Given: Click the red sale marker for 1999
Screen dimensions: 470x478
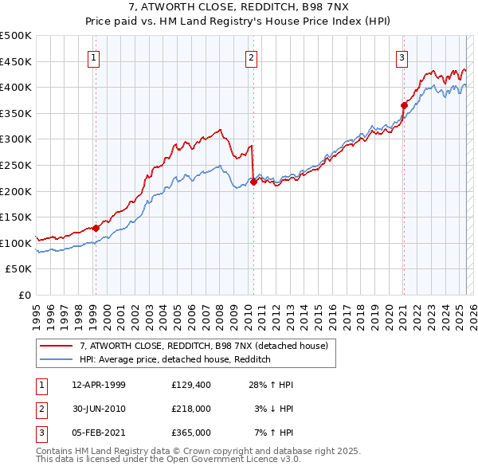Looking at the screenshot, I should pyautogui.click(x=96, y=228).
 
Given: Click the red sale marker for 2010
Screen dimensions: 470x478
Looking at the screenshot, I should pyautogui.click(x=253, y=182).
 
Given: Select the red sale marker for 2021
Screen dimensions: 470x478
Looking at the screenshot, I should pyautogui.click(x=404, y=105).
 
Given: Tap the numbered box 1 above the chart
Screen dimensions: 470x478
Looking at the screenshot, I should pyautogui.click(x=94, y=57).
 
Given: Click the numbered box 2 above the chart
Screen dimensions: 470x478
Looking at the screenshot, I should pyautogui.click(x=251, y=57).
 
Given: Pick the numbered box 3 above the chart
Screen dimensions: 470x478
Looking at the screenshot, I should pyautogui.click(x=402, y=57).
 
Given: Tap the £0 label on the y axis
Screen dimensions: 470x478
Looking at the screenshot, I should pyautogui.click(x=24, y=295).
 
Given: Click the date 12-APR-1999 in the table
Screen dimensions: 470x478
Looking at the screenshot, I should pyautogui.click(x=99, y=385).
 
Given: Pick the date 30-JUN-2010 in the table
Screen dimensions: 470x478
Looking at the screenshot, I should pyautogui.click(x=99, y=409).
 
